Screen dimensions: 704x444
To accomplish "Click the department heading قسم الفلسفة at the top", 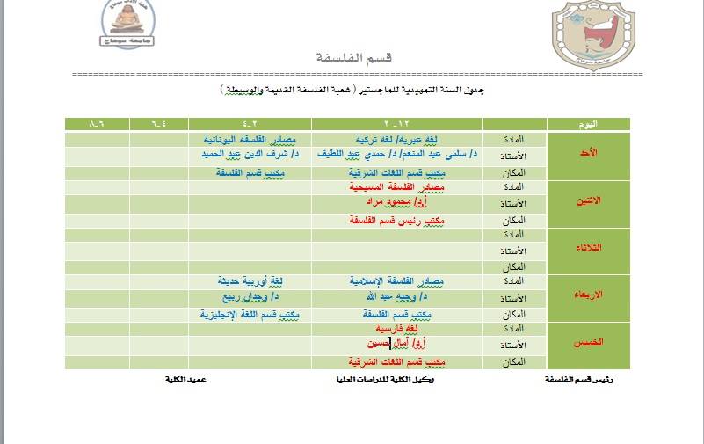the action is pyautogui.click(x=353, y=58).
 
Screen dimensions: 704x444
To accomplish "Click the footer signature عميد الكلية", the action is pyautogui.click(x=186, y=379).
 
